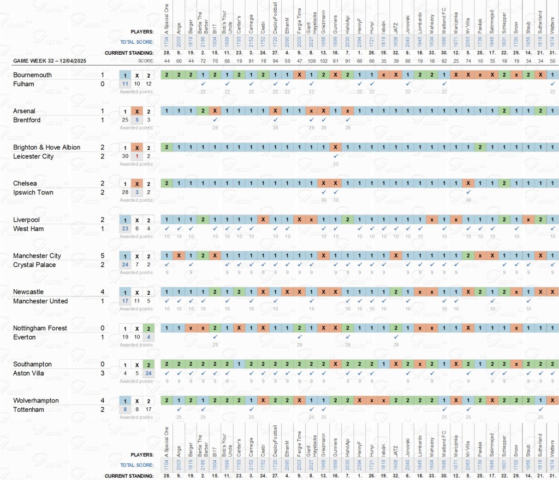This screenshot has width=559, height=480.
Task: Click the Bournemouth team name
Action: [32, 75]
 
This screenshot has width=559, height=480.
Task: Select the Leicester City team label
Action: [33, 156]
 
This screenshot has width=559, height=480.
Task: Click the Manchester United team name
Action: [40, 301]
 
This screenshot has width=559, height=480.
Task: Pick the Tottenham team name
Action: [28, 409]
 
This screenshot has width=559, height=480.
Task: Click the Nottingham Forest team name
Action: [40, 328]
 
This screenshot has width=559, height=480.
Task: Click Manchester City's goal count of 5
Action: [103, 256]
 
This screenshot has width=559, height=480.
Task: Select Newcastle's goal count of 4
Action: [103, 292]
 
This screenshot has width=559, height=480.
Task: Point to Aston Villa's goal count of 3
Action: [103, 373]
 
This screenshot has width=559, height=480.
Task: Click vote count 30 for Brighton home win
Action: [126, 156]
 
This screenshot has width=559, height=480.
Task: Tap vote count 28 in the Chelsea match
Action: [126, 192]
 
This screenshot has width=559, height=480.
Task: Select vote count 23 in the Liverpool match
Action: [126, 229]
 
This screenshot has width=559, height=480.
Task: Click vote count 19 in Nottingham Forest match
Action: [126, 337]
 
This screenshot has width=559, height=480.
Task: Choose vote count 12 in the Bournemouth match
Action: [149, 84]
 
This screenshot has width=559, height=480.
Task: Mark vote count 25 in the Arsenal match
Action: [126, 120]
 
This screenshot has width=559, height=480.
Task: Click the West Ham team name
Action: [28, 229]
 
